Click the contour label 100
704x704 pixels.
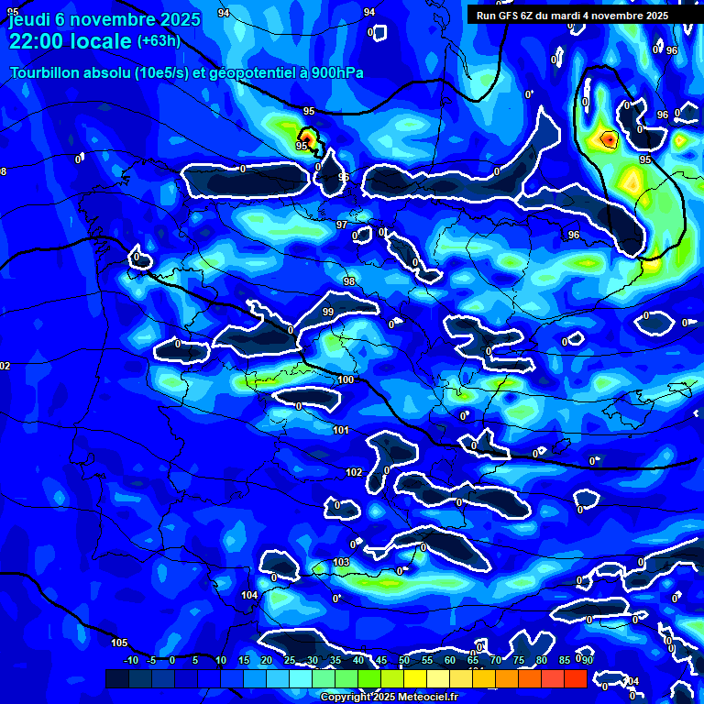point(346,379)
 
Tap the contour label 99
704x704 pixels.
point(328,313)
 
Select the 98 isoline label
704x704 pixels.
point(348,280)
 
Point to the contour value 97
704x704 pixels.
point(342,225)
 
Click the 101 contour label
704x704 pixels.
point(340,430)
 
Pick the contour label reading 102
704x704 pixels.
point(354,472)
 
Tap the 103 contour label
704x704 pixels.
point(341,562)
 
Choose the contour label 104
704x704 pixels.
point(249,595)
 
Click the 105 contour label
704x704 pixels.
point(119,643)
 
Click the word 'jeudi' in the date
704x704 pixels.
point(29,17)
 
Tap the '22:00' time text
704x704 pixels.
point(36,41)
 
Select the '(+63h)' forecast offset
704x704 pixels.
point(159,41)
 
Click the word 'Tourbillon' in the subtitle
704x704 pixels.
point(46,72)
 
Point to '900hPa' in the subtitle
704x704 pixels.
point(349,72)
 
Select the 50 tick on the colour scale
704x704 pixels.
point(404,661)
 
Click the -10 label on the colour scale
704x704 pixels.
point(131,661)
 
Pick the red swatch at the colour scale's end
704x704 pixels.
point(575,678)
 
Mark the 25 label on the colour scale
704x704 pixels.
point(290,661)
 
